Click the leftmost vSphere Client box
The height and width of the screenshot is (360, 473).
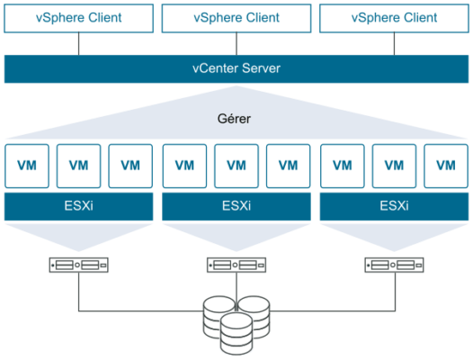(x=79, y=18)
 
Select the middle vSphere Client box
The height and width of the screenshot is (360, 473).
(x=236, y=18)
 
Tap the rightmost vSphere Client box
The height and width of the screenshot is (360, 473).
(x=394, y=18)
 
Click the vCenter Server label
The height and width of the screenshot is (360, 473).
(x=236, y=68)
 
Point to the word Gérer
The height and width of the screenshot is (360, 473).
(x=234, y=119)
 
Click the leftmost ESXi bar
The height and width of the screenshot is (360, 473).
(x=79, y=207)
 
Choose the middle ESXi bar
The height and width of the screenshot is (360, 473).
(x=236, y=207)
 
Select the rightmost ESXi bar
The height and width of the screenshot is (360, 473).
(x=394, y=207)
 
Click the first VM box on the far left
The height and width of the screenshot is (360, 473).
(x=27, y=166)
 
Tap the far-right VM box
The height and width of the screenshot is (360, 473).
(x=446, y=166)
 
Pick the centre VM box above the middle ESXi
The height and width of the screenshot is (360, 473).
(x=236, y=166)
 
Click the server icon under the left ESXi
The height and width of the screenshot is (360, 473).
(x=79, y=265)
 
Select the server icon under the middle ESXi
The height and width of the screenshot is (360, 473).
(x=236, y=265)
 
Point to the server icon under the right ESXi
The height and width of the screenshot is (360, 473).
(x=394, y=265)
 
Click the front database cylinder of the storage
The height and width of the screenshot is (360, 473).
(x=236, y=334)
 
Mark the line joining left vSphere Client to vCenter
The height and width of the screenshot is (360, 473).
(x=79, y=44)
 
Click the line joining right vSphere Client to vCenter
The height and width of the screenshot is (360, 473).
(x=394, y=44)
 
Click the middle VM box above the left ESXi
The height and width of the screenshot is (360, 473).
(x=79, y=166)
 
